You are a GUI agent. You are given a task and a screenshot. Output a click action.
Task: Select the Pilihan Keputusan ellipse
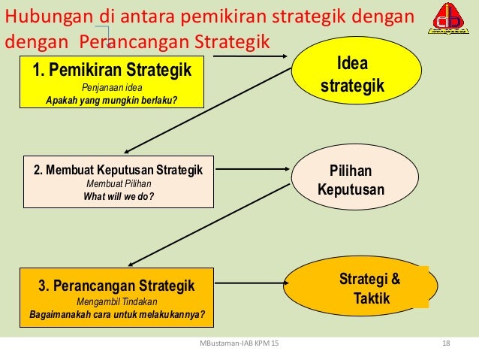click(351, 179)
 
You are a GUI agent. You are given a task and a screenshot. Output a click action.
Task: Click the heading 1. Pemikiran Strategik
click(112, 71)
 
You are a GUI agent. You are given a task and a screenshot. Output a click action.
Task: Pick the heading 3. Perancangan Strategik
click(116, 286)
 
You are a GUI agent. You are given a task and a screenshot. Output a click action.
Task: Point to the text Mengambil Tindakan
click(116, 301)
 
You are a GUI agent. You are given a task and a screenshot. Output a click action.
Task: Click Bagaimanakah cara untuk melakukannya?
click(116, 314)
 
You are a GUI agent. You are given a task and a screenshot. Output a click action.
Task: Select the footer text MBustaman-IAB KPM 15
click(239, 344)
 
